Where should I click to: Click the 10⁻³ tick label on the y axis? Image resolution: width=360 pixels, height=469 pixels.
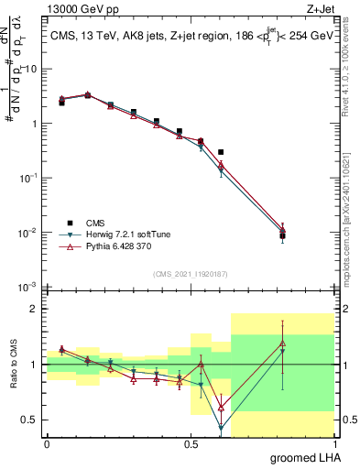(x=27, y=288)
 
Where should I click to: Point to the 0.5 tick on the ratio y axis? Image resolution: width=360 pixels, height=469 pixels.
(x=29, y=420)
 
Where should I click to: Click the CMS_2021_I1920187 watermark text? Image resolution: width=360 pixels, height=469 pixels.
(x=190, y=274)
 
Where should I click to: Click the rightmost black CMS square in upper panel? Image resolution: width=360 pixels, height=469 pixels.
(x=283, y=236)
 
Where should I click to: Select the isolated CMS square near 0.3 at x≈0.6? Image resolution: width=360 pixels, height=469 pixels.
(x=221, y=152)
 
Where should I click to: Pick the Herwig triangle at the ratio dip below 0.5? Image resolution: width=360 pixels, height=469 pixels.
(x=221, y=427)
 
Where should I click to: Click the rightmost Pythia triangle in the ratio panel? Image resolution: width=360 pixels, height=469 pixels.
(x=283, y=343)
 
